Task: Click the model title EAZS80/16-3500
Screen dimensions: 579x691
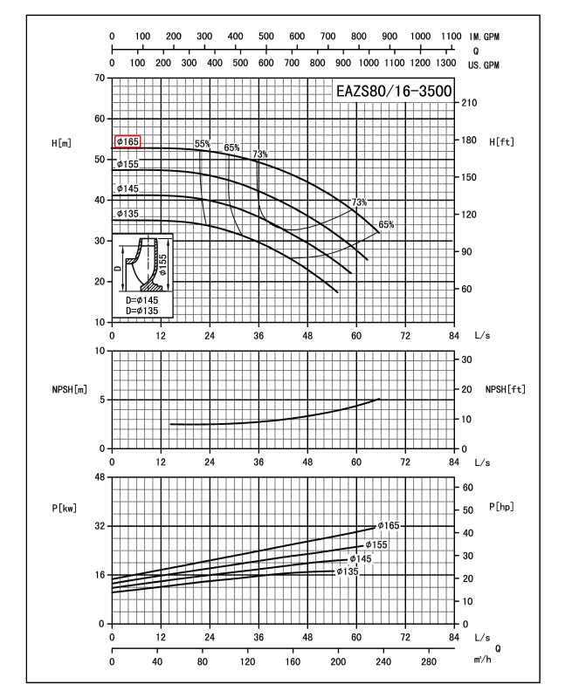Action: (394, 92)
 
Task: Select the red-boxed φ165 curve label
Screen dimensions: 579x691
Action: (128, 141)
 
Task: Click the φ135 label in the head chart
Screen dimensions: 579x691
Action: (128, 214)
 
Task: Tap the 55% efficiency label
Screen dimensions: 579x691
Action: (203, 144)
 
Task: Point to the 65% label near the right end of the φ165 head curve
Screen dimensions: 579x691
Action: (386, 224)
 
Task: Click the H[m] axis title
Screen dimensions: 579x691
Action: (61, 143)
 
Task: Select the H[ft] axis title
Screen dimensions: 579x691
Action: (501, 142)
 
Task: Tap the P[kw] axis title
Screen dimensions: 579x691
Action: (65, 508)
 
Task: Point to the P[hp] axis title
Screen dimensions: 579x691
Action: (501, 507)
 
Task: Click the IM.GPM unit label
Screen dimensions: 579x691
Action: (484, 37)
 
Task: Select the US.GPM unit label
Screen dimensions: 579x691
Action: (484, 65)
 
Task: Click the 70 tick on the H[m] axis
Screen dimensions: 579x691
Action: (100, 78)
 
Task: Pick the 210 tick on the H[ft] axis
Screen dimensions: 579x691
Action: (469, 103)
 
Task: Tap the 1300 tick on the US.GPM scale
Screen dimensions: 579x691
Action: (445, 63)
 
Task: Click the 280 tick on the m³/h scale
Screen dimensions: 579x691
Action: (428, 661)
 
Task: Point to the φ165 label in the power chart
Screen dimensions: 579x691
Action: (389, 525)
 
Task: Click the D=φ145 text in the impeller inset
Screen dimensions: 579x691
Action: (142, 300)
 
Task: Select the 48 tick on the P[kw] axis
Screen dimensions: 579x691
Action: (100, 477)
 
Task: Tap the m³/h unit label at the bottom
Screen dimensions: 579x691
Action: (483, 660)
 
